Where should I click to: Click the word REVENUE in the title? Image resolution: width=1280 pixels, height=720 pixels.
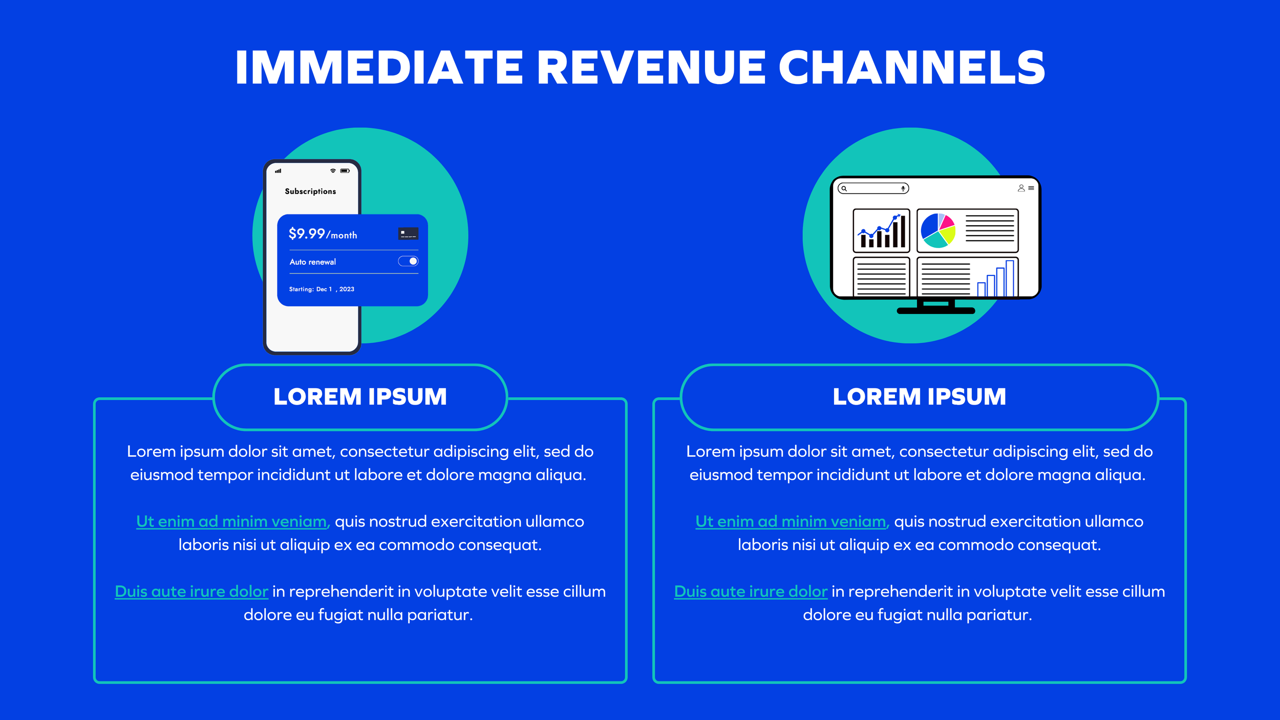point(651,68)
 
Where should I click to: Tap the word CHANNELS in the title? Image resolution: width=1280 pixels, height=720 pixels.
point(911,68)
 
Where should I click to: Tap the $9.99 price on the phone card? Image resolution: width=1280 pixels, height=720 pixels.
point(307,234)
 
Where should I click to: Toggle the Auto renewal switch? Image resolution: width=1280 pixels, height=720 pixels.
point(408,261)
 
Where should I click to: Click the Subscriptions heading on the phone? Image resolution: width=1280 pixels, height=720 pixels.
point(310,191)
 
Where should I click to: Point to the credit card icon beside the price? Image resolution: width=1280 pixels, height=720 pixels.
point(408,234)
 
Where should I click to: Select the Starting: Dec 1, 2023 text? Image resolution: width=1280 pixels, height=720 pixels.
point(322,289)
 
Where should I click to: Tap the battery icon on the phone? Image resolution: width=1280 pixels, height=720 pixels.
point(345,171)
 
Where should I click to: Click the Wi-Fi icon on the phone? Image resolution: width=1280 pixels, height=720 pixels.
point(333,171)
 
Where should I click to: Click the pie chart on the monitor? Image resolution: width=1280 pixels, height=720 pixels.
point(938,230)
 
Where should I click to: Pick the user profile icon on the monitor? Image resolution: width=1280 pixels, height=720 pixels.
point(1021,188)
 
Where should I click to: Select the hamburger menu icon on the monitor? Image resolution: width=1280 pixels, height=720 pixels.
point(1031,188)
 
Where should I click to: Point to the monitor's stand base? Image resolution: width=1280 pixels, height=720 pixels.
point(936,310)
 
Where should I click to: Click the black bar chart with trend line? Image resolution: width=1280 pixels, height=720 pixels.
point(881,231)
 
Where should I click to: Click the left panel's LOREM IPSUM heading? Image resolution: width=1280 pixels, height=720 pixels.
point(360,397)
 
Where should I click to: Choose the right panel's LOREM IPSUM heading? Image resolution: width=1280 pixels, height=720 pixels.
point(919,397)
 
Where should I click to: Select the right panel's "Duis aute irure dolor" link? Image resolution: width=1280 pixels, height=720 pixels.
point(751,591)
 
